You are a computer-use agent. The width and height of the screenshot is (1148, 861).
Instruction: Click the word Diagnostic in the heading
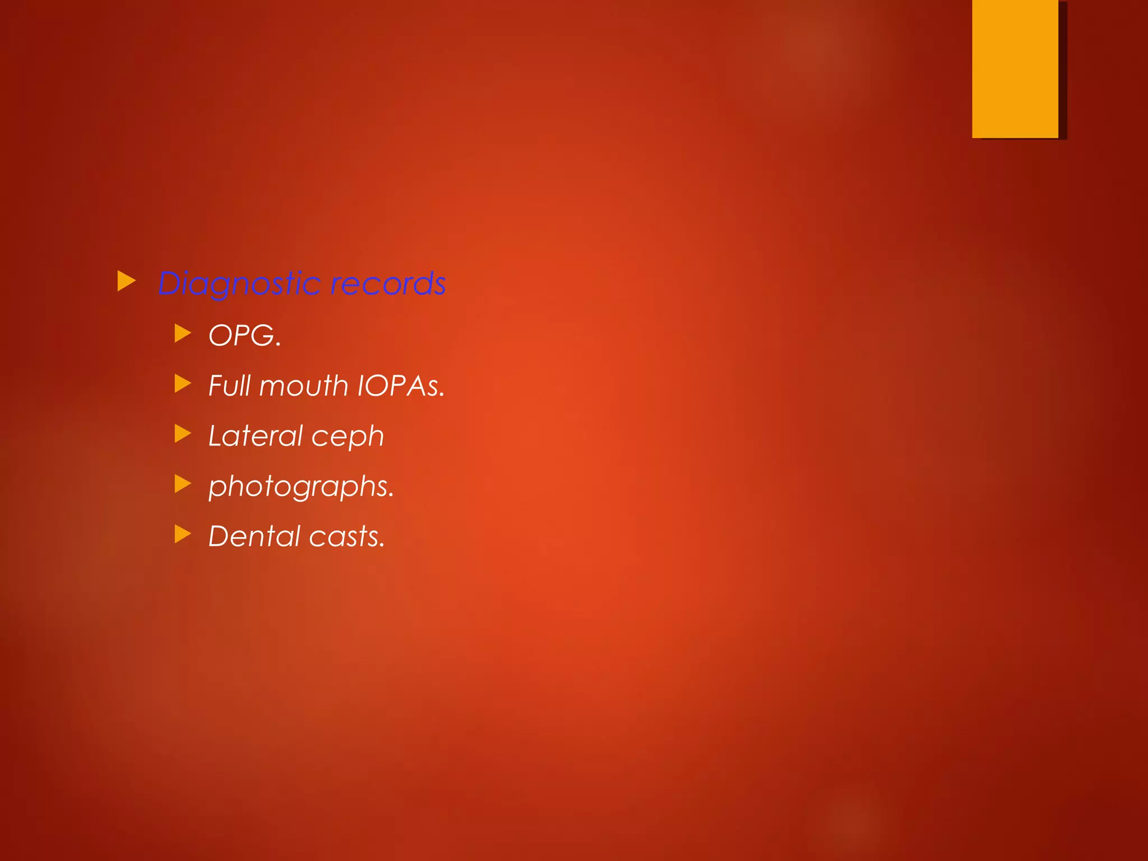pos(239,284)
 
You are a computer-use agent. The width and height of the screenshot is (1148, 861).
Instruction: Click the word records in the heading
pos(388,284)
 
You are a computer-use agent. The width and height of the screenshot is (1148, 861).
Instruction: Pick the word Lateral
pos(255,436)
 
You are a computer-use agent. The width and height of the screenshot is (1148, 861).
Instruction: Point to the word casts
pos(346,536)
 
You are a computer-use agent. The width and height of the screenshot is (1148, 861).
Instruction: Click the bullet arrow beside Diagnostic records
pos(127,281)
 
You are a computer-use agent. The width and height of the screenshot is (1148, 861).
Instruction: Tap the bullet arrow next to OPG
pos(183,334)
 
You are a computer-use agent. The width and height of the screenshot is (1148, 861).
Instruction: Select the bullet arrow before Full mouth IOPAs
pos(183,383)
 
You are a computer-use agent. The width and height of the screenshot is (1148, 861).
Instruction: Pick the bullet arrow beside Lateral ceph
pos(183,433)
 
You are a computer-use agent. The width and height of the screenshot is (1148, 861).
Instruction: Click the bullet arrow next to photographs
pos(183,483)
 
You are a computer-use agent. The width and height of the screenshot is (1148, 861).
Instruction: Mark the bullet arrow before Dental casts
pos(183,534)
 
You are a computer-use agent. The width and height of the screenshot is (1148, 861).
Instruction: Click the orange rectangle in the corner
pos(1015,68)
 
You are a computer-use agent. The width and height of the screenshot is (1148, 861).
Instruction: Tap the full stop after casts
pos(382,545)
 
